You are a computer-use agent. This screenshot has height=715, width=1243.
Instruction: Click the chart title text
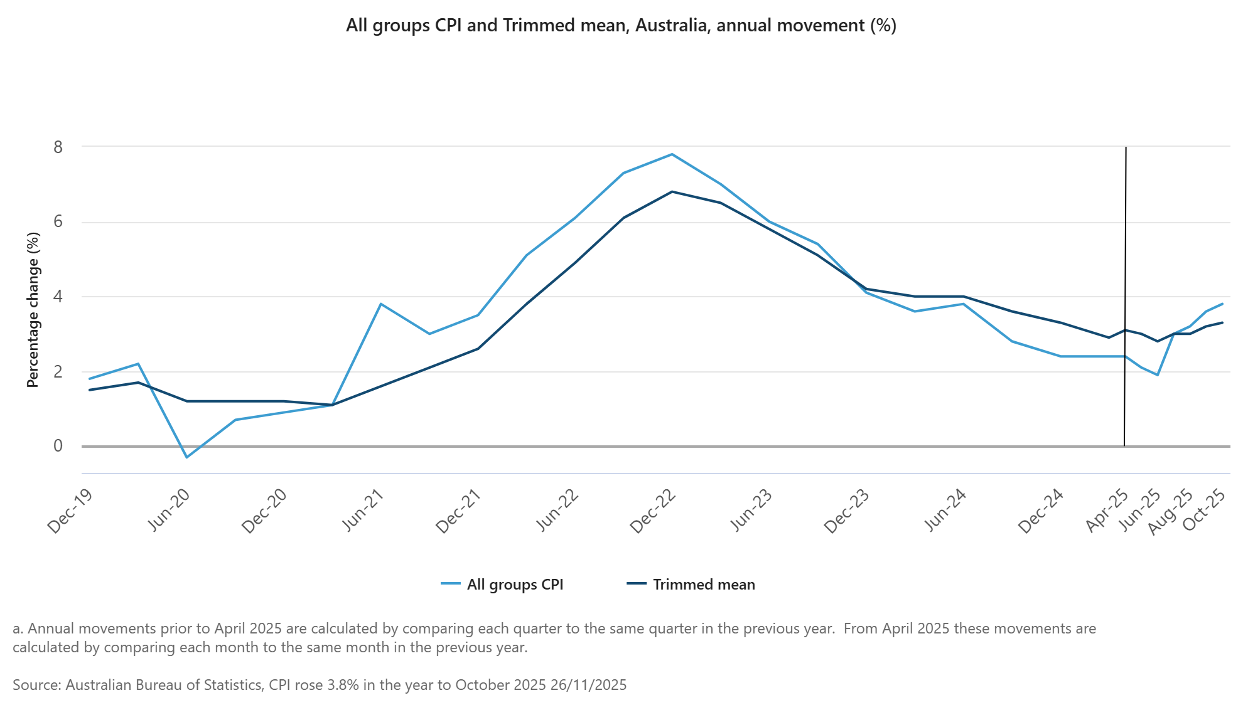click(x=621, y=26)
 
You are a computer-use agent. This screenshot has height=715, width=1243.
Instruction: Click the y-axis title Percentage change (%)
click(x=33, y=310)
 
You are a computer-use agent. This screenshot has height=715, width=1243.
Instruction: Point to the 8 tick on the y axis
click(x=58, y=147)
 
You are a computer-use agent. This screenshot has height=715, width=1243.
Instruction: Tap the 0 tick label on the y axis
click(x=58, y=446)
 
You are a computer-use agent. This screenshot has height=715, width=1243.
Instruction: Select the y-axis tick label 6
click(x=58, y=221)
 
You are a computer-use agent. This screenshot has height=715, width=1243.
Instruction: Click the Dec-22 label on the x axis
click(x=653, y=511)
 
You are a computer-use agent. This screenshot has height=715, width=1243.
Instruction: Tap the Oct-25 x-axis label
click(x=1203, y=509)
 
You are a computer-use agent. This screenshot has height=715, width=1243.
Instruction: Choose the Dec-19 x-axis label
click(x=70, y=511)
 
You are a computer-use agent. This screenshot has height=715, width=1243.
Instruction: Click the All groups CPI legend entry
click(x=502, y=585)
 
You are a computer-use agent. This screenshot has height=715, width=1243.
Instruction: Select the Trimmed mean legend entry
click(x=691, y=585)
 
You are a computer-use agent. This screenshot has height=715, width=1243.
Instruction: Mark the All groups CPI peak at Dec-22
click(x=672, y=154)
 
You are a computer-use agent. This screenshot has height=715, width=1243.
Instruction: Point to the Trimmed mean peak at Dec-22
click(x=672, y=192)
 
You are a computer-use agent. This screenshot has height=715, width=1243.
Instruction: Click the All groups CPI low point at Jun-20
click(x=186, y=457)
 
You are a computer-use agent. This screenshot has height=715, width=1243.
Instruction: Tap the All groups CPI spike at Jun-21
click(x=381, y=304)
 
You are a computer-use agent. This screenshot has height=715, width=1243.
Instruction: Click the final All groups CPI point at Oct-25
click(x=1222, y=304)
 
